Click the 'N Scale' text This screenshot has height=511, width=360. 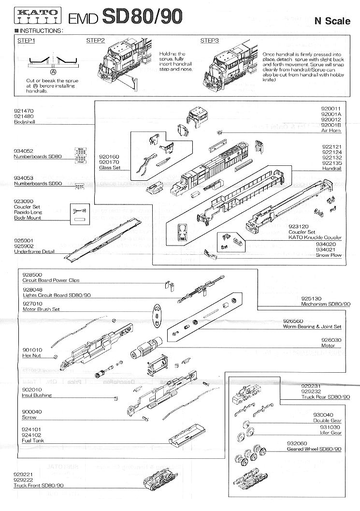point(332,21)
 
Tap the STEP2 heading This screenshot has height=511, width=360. point(96,41)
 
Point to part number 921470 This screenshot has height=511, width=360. point(24,111)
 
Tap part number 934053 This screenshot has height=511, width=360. point(24,178)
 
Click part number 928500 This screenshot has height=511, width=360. point(32,275)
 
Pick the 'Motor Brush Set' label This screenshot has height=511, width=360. point(41,309)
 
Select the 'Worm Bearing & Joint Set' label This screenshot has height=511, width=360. point(312,327)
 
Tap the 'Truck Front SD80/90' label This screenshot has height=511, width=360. point(39,485)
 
